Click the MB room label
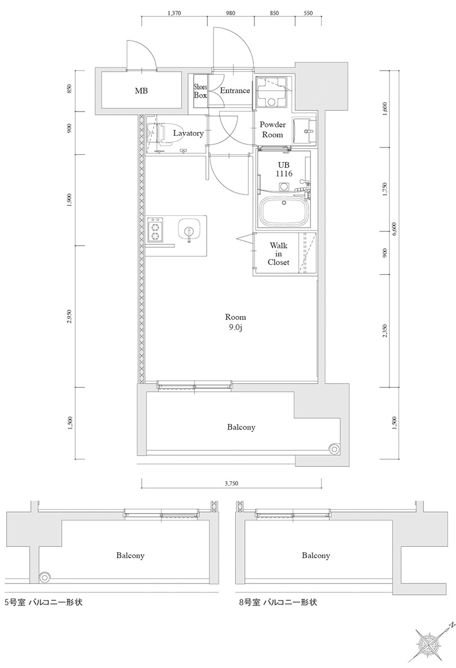coord(141,91)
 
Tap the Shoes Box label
coord(200,91)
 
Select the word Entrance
coord(234,91)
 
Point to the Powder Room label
coord(272,130)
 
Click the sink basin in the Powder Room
coord(306,133)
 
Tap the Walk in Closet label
coord(279,254)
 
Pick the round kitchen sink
coord(188,230)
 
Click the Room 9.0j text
coord(235,322)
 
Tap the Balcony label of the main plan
coord(241,427)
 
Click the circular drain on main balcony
coord(335,449)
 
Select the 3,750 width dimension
coord(231,483)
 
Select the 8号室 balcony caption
coord(278,602)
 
